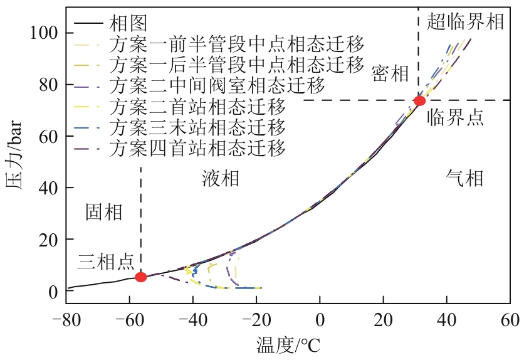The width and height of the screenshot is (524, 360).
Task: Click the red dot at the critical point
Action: point(419,100)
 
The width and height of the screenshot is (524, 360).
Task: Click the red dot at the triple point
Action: point(141,277)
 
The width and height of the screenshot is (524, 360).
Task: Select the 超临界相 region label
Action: point(465,23)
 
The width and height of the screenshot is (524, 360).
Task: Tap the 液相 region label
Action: point(221,179)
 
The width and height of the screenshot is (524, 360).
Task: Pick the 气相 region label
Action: point(464,179)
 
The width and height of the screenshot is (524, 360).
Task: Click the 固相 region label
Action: point(104,212)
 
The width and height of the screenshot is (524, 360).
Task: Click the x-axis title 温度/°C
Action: point(288,344)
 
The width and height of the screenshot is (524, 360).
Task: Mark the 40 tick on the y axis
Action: point(50,188)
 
